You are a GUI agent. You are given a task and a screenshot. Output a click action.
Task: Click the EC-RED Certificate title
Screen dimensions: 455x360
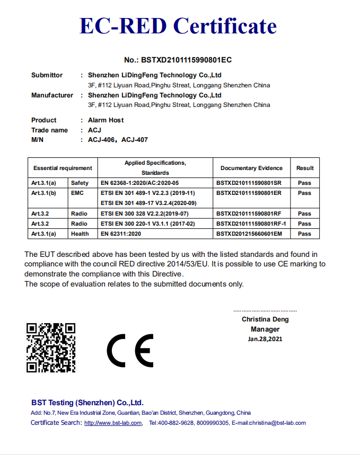[x=178, y=25]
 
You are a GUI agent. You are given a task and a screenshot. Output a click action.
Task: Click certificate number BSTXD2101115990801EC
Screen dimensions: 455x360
[x=178, y=60]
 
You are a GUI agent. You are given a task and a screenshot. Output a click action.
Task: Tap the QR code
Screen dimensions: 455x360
[x=51, y=347]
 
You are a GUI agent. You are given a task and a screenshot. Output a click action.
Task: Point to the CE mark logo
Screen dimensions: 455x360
[x=130, y=351]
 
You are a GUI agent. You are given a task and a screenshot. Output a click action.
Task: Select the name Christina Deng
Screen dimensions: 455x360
[x=265, y=319]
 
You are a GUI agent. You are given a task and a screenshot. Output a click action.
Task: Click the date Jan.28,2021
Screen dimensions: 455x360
[x=265, y=339]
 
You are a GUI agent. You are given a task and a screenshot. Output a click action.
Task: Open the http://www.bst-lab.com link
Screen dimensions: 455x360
[x=113, y=423]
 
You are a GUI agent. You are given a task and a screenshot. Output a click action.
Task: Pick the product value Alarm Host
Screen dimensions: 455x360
[x=106, y=120]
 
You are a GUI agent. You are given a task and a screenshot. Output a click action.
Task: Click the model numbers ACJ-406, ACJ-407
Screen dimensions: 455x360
[x=118, y=140]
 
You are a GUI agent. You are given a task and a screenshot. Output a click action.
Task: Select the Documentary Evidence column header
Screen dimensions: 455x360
[x=251, y=168]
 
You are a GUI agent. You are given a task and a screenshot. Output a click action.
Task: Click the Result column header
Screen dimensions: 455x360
[x=305, y=168]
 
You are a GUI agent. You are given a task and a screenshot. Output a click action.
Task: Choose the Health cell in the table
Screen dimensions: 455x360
[x=80, y=234]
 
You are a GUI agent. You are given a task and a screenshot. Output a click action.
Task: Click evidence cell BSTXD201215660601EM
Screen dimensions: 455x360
[x=249, y=234]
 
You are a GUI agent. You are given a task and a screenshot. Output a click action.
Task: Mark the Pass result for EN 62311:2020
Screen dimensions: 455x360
[x=304, y=234]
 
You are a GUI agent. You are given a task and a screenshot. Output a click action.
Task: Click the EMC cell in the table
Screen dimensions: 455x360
[x=77, y=193]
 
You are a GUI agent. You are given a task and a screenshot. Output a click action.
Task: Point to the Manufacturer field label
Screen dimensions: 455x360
[x=52, y=95]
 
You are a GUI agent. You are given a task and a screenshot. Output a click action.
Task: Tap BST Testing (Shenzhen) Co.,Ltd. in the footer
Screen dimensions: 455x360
[x=87, y=403]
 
